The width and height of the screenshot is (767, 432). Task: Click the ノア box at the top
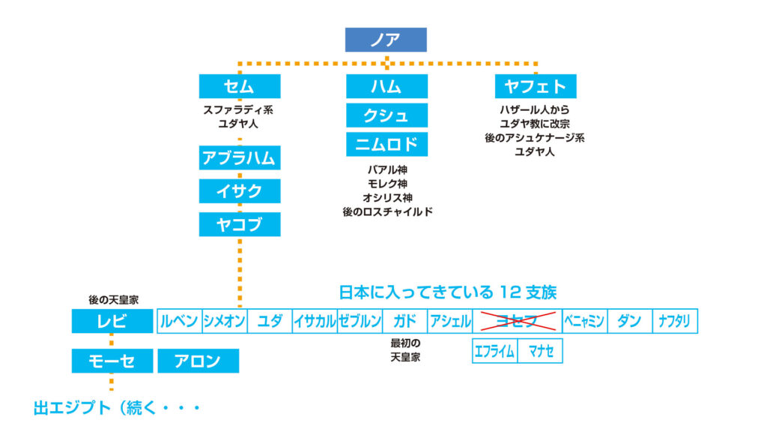[386, 40]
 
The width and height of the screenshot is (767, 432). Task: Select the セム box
[240, 86]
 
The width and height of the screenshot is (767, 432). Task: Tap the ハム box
[386, 86]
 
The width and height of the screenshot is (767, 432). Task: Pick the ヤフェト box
[535, 86]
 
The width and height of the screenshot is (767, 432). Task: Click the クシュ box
[386, 115]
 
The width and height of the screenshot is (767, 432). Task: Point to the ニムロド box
[386, 144]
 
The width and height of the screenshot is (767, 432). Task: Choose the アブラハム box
[240, 158]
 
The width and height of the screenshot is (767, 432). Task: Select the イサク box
[240, 191]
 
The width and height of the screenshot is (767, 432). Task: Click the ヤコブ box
[240, 224]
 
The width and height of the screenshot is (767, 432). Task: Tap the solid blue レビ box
[112, 322]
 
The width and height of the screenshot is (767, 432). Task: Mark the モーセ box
[112, 361]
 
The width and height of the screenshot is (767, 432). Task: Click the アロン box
[198, 361]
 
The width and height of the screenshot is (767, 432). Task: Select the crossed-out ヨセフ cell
[517, 322]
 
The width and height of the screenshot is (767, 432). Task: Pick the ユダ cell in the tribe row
[270, 322]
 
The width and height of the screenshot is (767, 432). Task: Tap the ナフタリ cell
[675, 322]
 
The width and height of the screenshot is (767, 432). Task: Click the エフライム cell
[494, 351]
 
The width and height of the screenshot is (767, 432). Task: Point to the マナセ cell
[540, 351]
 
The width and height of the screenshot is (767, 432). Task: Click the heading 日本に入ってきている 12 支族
[448, 292]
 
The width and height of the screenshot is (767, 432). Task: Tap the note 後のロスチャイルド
[387, 212]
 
